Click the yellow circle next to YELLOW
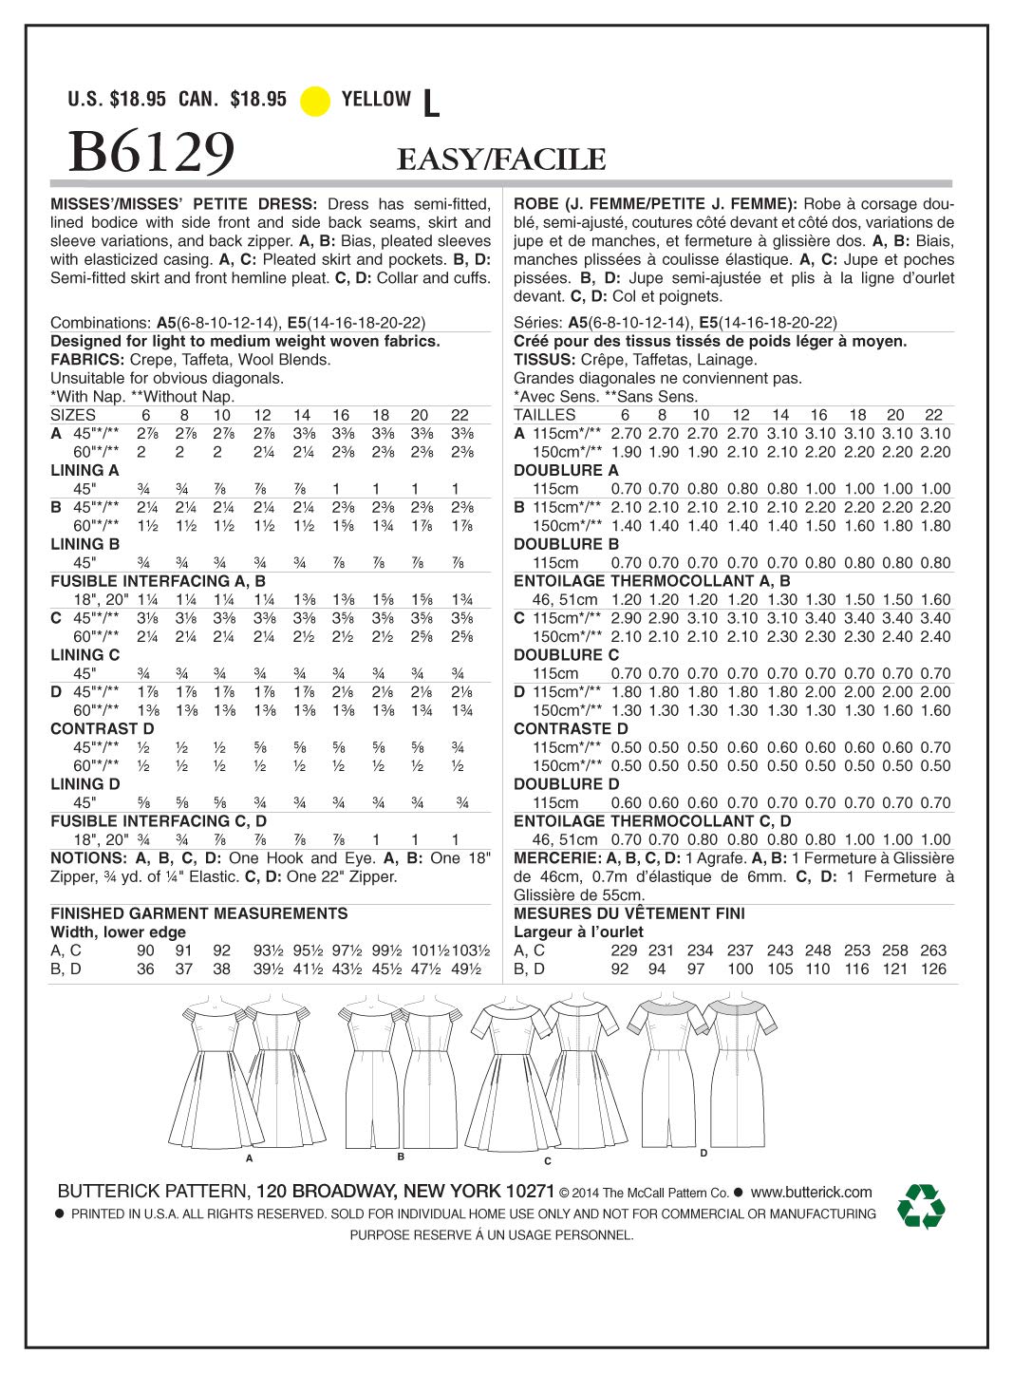click(315, 101)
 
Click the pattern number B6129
click(152, 152)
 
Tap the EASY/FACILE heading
click(501, 160)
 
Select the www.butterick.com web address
click(811, 1192)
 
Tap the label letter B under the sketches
click(402, 1157)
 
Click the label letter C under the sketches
click(548, 1160)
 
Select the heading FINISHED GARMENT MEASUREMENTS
click(198, 913)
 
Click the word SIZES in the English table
click(73, 415)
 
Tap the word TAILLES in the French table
click(544, 415)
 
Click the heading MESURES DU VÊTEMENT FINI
click(628, 913)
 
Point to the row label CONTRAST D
click(102, 729)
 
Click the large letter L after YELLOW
click(431, 104)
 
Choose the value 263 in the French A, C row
click(933, 950)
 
